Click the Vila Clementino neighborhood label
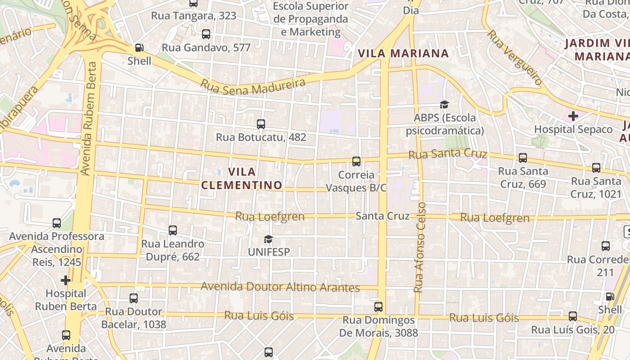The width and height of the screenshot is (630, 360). pos(242,178)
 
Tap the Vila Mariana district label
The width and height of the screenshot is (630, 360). pos(403,54)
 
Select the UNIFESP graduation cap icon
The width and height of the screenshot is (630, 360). pos(268,239)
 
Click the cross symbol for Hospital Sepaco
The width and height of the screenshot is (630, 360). pos(573,116)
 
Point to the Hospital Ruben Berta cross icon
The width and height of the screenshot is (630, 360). pos(66,280)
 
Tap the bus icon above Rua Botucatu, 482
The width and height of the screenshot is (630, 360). pos(261,124)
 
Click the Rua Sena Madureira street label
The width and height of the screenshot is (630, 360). pos(252,85)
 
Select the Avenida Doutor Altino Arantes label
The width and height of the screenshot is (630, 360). pos(280,287)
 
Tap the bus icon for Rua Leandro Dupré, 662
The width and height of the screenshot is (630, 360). pos(172,230)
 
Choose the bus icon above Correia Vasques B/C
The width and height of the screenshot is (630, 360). pos(356,161)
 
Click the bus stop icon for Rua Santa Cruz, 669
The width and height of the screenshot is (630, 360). pos(522,158)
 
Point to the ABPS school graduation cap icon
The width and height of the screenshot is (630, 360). pos(444,105)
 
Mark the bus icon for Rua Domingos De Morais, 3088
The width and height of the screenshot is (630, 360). pos(378,307)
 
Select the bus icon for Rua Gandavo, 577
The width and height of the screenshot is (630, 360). pos(206,34)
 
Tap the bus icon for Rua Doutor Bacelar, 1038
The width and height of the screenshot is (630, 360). pos(133,298)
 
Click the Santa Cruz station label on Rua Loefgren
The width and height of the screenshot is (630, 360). pos(382,216)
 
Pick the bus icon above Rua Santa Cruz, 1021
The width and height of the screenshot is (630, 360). pos(596,168)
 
